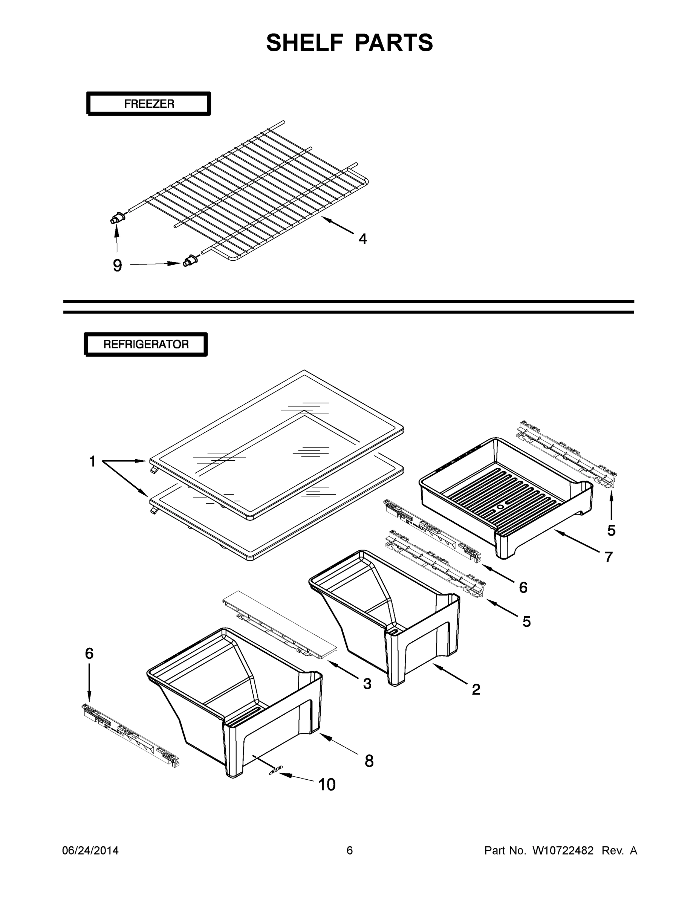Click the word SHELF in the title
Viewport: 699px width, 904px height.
pos(305,43)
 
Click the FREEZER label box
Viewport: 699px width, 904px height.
pos(149,104)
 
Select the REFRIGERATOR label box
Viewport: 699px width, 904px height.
pos(146,344)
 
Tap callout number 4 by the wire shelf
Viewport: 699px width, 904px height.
pos(363,239)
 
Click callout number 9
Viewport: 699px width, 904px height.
pos(118,265)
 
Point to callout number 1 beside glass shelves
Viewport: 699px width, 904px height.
pos(92,461)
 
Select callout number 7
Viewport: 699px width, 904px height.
pos(608,557)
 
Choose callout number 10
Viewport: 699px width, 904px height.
pos(326,784)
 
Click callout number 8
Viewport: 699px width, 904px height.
pos(369,760)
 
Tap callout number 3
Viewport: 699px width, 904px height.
pos(367,684)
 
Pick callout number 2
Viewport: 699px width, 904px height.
pos(476,689)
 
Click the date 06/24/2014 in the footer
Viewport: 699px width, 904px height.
pos(90,850)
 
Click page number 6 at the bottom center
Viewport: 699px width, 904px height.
pos(350,850)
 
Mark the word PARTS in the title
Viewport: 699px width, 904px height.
pos(394,43)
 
